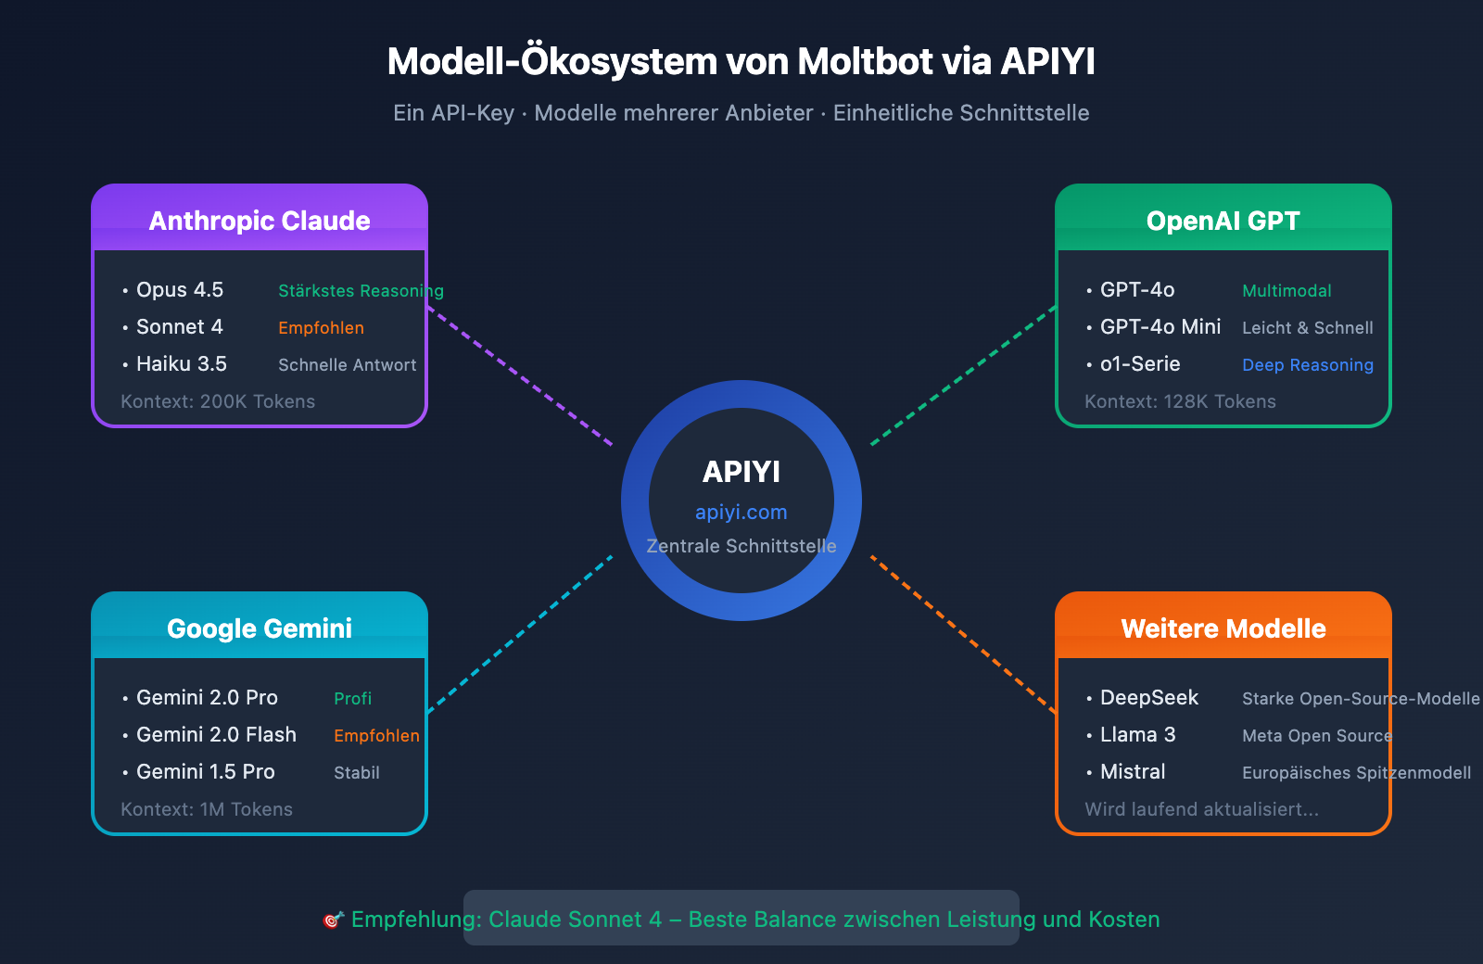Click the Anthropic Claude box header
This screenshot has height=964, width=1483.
click(x=260, y=221)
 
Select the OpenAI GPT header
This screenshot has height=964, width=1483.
click(x=1223, y=221)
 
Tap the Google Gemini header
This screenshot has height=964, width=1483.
click(x=260, y=628)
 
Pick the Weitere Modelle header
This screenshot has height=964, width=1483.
click(x=1223, y=628)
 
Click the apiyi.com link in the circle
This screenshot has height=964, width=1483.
click(x=741, y=512)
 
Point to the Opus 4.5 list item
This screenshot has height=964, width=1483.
click(x=180, y=290)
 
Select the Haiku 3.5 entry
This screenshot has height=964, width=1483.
click(x=182, y=364)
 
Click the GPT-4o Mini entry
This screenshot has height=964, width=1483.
click(x=1160, y=327)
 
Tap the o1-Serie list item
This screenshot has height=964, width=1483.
click(x=1140, y=364)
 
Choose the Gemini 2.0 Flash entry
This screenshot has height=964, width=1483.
click(x=216, y=735)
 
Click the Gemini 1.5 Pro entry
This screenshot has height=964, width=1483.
click(x=206, y=772)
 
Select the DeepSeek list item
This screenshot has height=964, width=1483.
click(x=1149, y=698)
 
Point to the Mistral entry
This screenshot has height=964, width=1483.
click(x=1133, y=772)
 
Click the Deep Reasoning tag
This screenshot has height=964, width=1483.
click(x=1308, y=365)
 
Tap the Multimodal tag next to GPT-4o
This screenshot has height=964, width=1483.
click(x=1287, y=291)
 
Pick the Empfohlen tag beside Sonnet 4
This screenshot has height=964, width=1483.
click(x=321, y=328)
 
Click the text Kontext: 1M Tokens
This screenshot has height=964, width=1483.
click(x=207, y=809)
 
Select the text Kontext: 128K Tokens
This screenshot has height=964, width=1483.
click(x=1180, y=401)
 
